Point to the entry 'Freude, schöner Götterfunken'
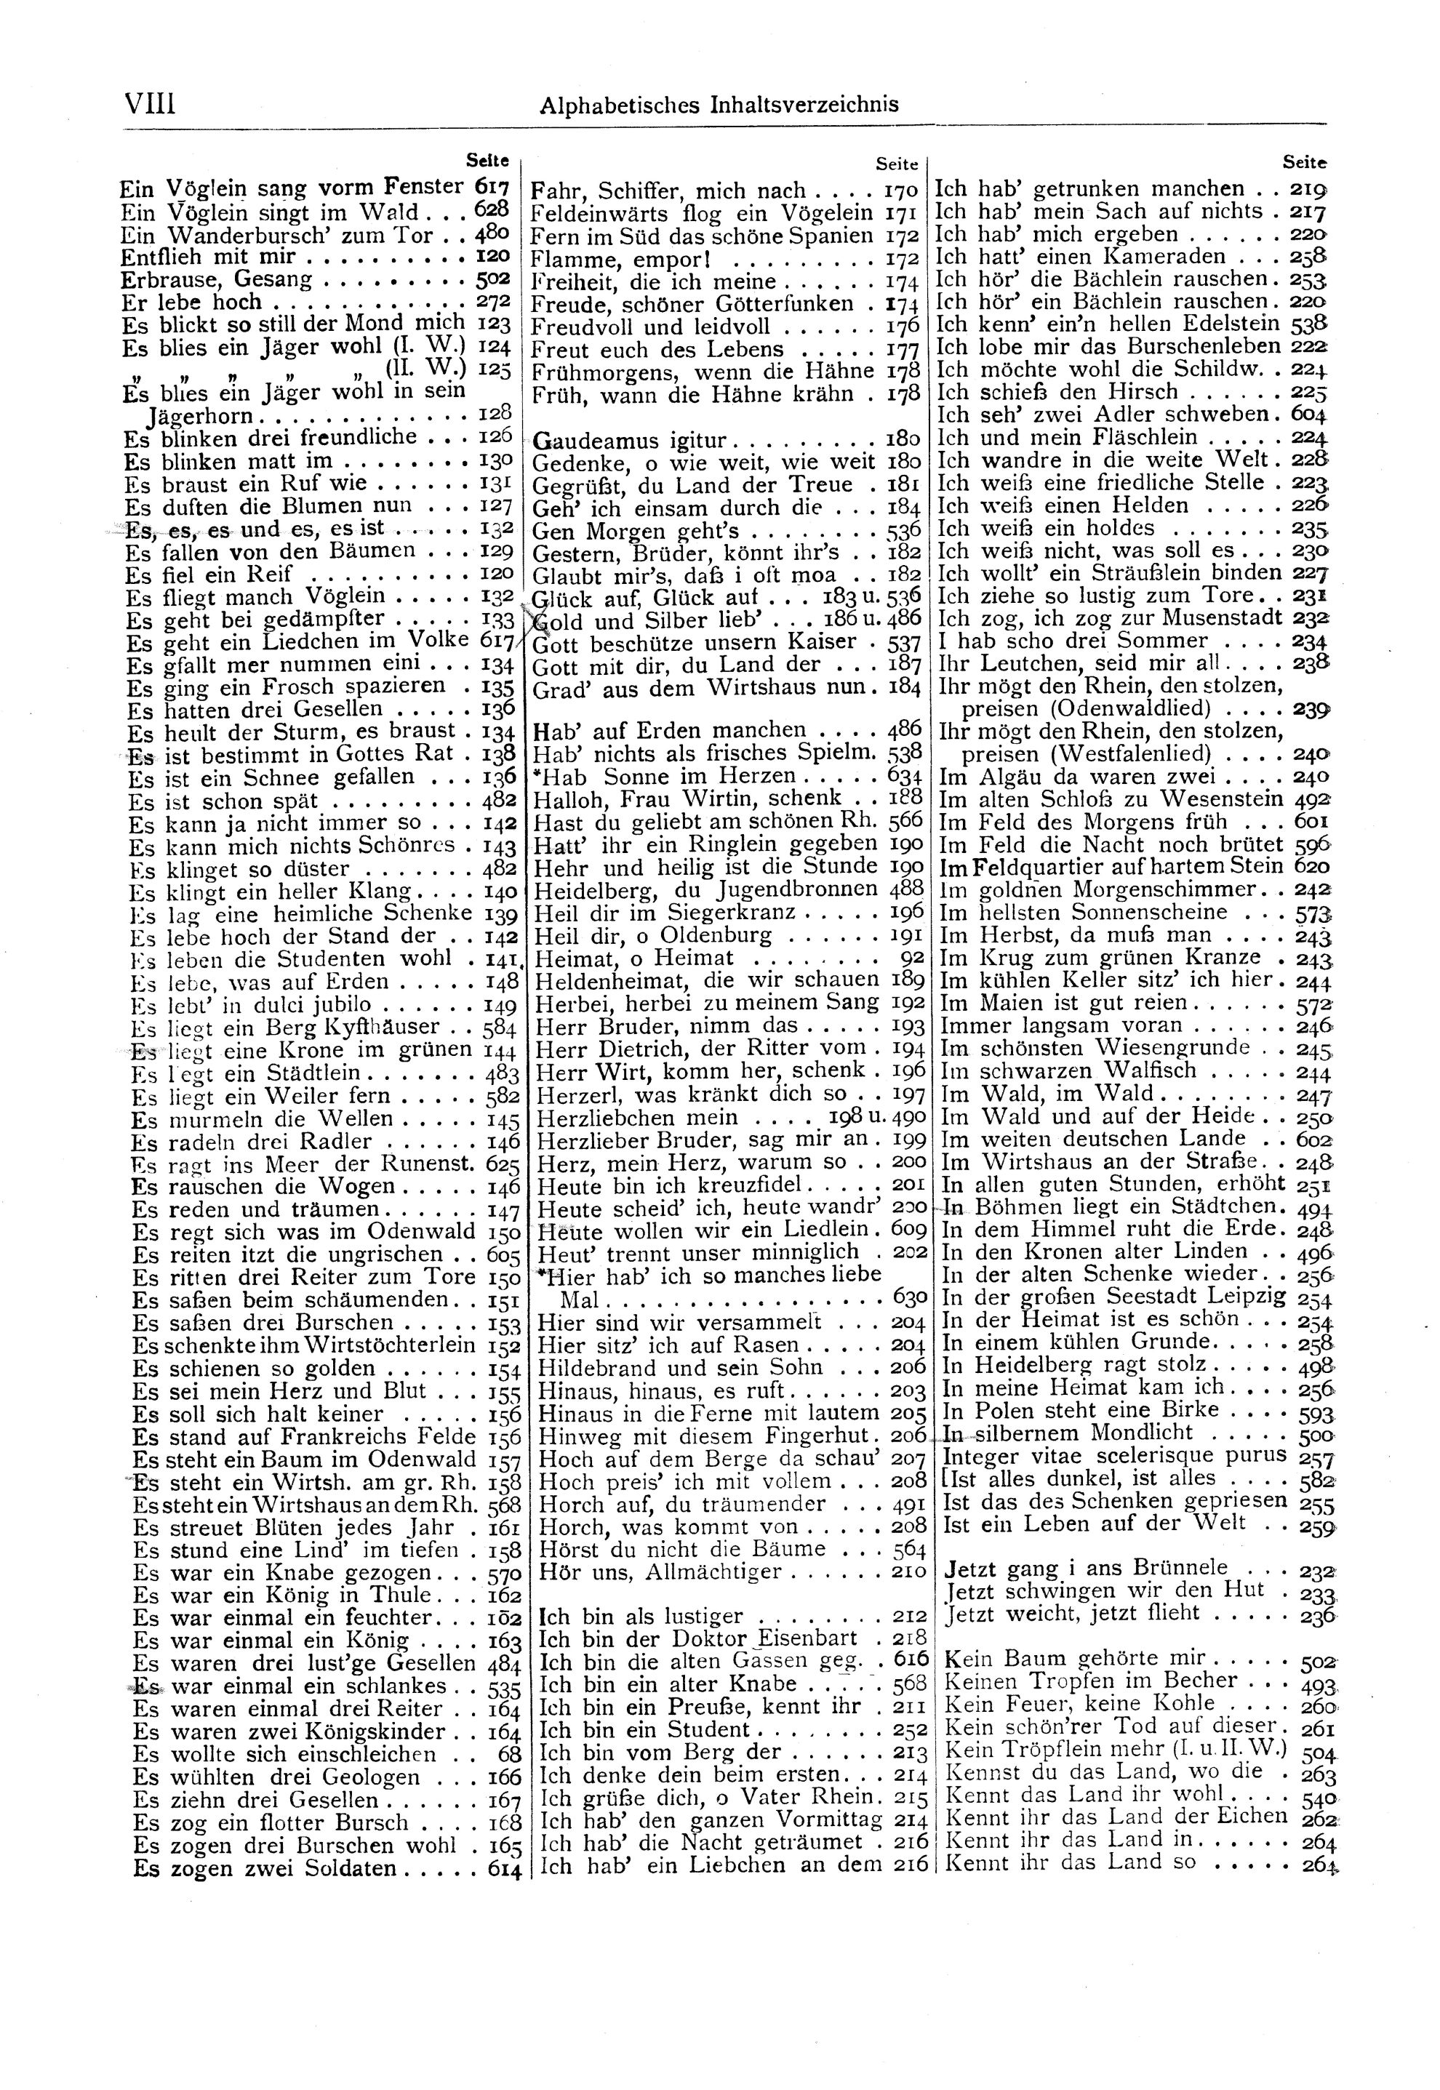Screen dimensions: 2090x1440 tap(692, 303)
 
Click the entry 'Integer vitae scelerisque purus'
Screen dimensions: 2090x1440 tap(1113, 1455)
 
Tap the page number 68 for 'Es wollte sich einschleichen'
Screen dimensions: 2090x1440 tap(509, 1755)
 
